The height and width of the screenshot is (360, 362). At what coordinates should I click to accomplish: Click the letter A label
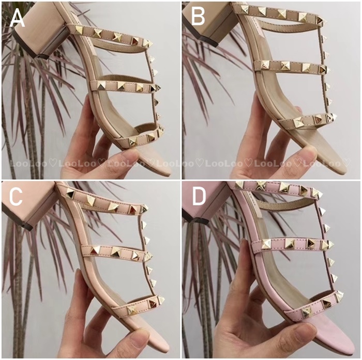pos(17,18)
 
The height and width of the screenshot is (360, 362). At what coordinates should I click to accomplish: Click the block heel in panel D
pos(208,200)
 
